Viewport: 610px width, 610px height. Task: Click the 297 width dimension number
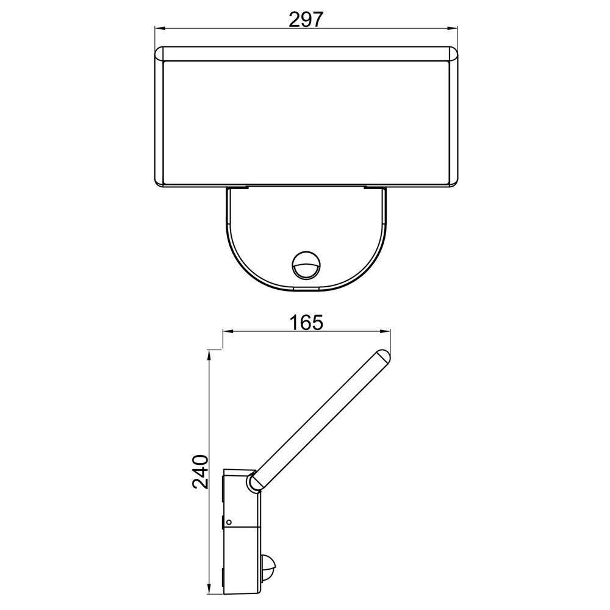pos(306,20)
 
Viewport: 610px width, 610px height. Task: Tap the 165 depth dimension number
pos(306,322)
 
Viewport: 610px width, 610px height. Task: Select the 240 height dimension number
pos(201,472)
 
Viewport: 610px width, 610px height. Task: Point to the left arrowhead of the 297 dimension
pos(158,28)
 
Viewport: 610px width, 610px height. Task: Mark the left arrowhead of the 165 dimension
pos(227,332)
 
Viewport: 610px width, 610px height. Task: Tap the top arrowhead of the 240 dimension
pos(210,354)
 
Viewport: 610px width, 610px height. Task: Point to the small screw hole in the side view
pos(229,522)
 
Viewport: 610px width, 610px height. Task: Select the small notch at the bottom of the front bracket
pos(305,287)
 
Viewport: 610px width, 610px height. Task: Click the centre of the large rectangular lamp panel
pos(305,121)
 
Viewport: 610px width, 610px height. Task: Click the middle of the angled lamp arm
pos(317,421)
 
